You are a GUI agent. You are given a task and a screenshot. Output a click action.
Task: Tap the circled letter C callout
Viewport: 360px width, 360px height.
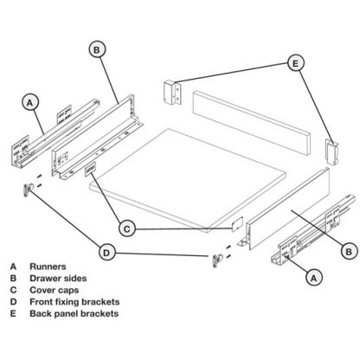pos(125,228)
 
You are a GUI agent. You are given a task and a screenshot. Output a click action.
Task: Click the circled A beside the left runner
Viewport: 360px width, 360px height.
pos(29,103)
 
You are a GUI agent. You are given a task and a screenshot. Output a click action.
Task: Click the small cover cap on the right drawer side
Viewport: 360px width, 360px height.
pos(234,222)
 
